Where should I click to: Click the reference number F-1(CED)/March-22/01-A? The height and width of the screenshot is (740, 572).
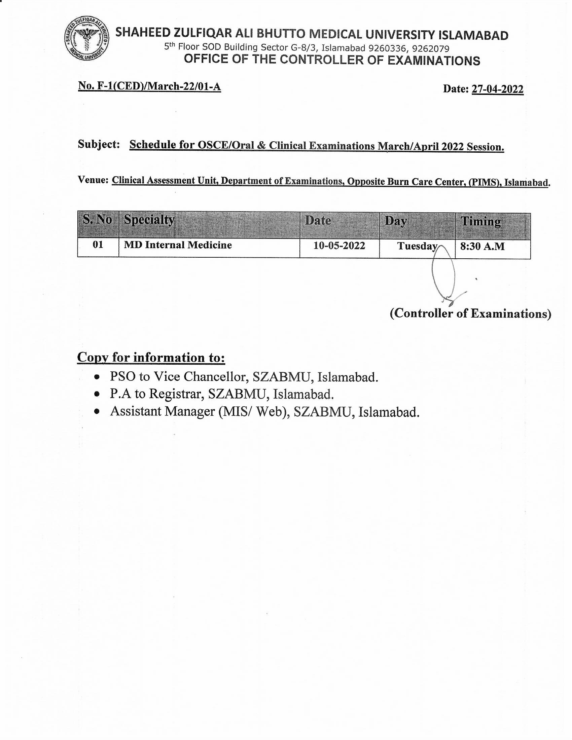(149, 86)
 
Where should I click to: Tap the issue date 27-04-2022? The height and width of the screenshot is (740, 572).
(497, 89)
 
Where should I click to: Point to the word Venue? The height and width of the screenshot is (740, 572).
(93, 180)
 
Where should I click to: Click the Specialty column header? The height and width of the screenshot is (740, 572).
(149, 220)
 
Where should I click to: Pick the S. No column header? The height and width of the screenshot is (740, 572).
(97, 220)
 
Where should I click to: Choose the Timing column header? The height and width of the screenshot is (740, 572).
(480, 221)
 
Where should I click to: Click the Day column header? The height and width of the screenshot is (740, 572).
(395, 221)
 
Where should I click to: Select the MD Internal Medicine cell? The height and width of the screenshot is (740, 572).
(178, 245)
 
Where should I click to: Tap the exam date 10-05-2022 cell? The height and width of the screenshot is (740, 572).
(339, 246)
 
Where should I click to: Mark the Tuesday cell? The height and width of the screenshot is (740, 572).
(417, 246)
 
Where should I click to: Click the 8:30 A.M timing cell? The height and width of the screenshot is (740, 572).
(482, 246)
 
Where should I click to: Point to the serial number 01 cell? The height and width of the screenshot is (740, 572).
(98, 245)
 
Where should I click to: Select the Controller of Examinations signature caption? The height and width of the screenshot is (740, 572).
(470, 313)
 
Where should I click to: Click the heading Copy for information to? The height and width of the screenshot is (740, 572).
(151, 358)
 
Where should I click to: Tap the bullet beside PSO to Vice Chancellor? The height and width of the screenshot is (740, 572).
(97, 376)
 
